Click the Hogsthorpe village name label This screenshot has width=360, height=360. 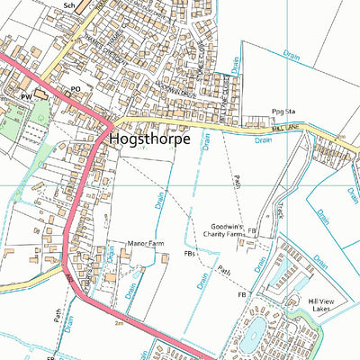[148, 140]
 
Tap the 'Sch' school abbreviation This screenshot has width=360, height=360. [69, 5]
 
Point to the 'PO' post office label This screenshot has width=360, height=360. [76, 88]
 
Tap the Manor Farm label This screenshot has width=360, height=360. [142, 243]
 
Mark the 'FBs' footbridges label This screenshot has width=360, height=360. [190, 255]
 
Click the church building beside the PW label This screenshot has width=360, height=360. [41, 94]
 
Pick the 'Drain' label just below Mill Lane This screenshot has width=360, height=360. [263, 140]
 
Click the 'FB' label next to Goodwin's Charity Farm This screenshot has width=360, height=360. [253, 231]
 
